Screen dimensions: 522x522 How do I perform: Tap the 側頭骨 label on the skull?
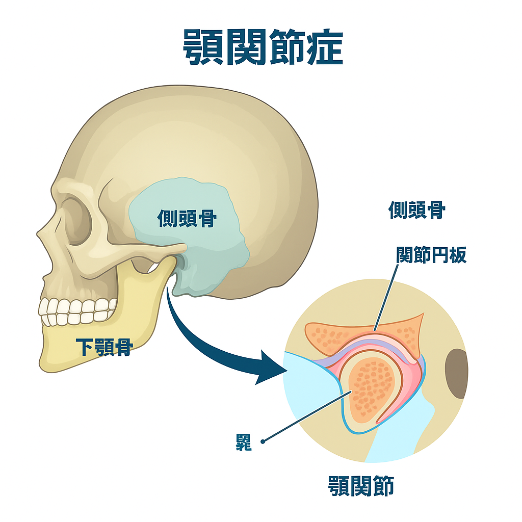click(x=187, y=219)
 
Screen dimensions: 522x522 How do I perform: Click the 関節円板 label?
click(x=431, y=255)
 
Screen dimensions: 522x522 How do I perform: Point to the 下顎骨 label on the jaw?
click(x=104, y=347)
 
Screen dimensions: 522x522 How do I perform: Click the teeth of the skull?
click(x=76, y=310)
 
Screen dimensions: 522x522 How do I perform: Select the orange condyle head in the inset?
click(x=371, y=387)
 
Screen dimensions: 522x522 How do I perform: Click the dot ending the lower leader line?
click(x=263, y=441)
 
